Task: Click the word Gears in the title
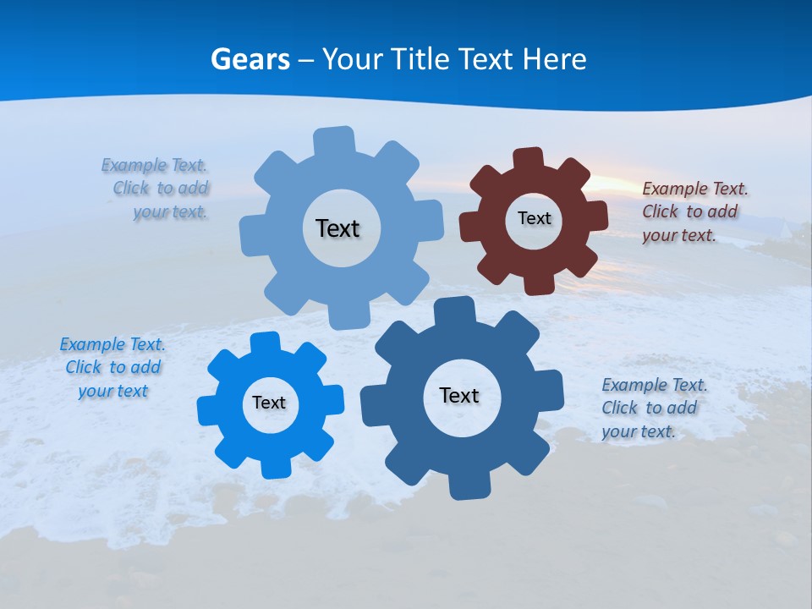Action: coord(250,59)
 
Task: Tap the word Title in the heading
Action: coord(420,59)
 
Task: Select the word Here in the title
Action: coord(554,59)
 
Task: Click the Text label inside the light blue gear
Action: coord(337,228)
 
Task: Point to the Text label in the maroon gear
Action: coord(534,218)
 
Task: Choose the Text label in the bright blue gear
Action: coord(269,403)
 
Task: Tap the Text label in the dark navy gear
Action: coord(459,395)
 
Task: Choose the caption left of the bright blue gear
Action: coord(112,367)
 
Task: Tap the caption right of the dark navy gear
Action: coord(654,408)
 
